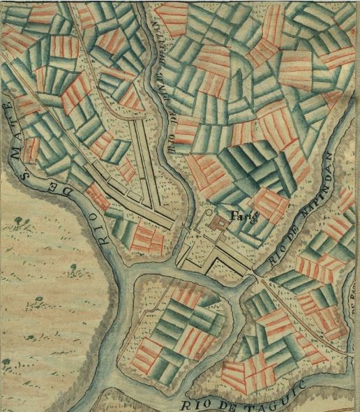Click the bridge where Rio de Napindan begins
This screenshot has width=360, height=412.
point(255,277)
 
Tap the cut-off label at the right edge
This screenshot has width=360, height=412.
point(355,307)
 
